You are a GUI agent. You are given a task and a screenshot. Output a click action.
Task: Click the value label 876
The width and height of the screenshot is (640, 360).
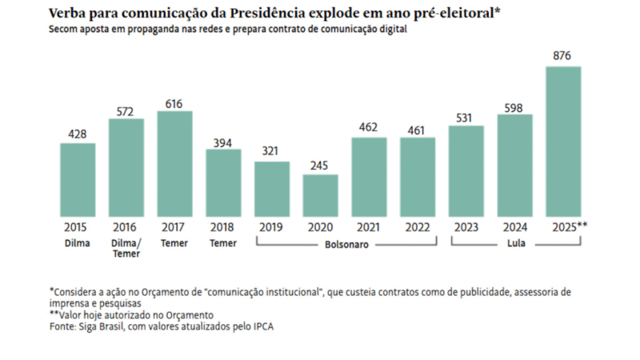pyautogui.click(x=563, y=56)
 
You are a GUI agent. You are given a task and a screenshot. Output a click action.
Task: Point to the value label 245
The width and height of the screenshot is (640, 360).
pyautogui.click(x=320, y=164)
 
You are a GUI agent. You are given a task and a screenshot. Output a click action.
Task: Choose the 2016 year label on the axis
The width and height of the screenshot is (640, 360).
pyautogui.click(x=126, y=227)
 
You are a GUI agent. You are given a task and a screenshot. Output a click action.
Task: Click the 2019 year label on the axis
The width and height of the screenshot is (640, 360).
pyautogui.click(x=272, y=227)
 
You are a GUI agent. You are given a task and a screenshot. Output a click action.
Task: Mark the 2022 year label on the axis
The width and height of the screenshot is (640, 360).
pyautogui.click(x=418, y=227)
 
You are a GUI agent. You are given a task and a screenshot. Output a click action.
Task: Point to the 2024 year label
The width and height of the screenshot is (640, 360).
pyautogui.click(x=514, y=227)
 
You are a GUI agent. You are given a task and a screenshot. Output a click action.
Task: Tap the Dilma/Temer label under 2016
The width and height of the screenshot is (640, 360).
pyautogui.click(x=126, y=249)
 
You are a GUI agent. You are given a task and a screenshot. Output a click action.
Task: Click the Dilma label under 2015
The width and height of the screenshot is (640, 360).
pyautogui.click(x=78, y=243)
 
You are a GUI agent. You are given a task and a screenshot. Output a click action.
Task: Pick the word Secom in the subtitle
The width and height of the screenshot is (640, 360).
pyautogui.click(x=63, y=29)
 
